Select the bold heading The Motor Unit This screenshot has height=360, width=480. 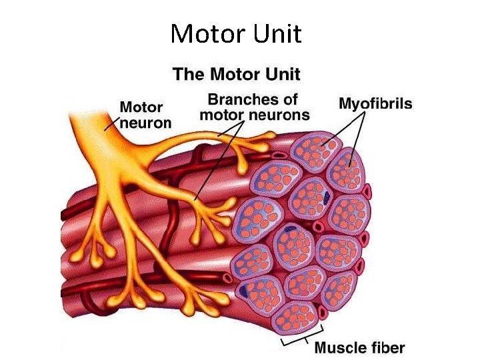237,74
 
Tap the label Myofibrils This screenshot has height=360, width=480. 375,104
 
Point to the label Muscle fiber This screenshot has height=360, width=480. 359,347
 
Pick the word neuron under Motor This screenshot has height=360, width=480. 145,123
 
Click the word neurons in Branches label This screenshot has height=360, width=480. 280,115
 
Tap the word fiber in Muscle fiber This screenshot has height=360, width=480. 385,347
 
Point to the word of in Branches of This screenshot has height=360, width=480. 289,100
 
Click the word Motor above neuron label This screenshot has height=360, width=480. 141,108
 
